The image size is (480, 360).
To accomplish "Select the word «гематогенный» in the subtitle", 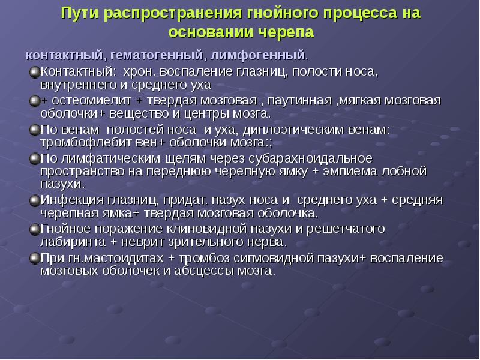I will point(157,56).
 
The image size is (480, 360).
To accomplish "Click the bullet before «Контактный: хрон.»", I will point(34,73).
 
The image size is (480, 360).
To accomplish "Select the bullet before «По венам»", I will point(34,130).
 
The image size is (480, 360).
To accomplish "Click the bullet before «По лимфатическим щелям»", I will point(34,159).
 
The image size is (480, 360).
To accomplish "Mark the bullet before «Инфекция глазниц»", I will point(34,200).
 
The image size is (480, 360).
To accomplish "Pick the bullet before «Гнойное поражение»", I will point(34,229).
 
